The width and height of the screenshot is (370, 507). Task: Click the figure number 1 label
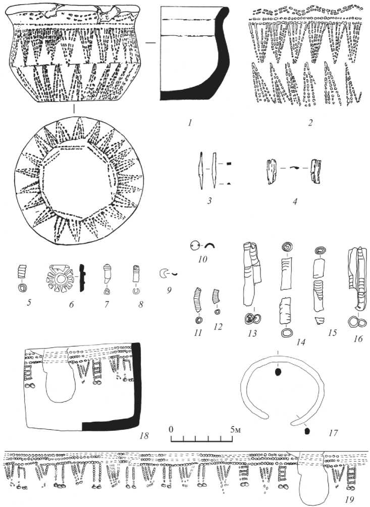point(190,123)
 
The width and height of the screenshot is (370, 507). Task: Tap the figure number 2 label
point(310,123)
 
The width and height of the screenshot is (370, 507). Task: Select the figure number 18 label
point(144,435)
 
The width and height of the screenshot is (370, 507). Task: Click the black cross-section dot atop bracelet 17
point(277,373)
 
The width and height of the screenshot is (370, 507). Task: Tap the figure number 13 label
point(252,333)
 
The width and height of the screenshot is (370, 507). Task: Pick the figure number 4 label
point(295,201)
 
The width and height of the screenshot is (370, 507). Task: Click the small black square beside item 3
point(229,164)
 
